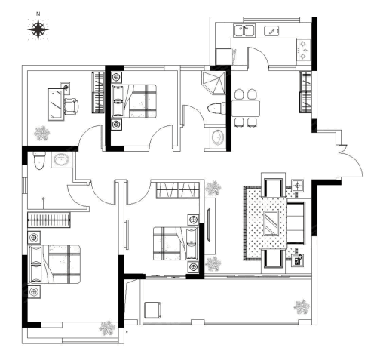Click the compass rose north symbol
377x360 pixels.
coord(38,29)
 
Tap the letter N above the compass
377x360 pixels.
coord(38,14)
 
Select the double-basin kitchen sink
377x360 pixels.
coord(244,31)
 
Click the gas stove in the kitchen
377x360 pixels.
coord(304,50)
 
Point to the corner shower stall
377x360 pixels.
coord(213,82)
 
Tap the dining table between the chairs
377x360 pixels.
coord(246,108)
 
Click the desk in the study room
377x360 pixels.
coord(56,104)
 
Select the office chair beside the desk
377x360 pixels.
coord(72,106)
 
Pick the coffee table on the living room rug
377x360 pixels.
coord(271,223)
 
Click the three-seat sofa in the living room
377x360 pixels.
coord(296,223)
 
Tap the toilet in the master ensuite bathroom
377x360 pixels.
coord(39,160)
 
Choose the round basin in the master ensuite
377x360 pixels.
coord(62,159)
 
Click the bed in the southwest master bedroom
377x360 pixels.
coord(55,264)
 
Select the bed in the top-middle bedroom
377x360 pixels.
coord(134,101)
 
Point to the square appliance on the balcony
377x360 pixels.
coord(152,310)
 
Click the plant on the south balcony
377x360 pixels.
coord(302,306)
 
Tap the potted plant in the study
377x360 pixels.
coord(41,133)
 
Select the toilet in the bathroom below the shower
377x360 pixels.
coord(216,109)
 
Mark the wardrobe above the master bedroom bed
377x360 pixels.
coord(48,220)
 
